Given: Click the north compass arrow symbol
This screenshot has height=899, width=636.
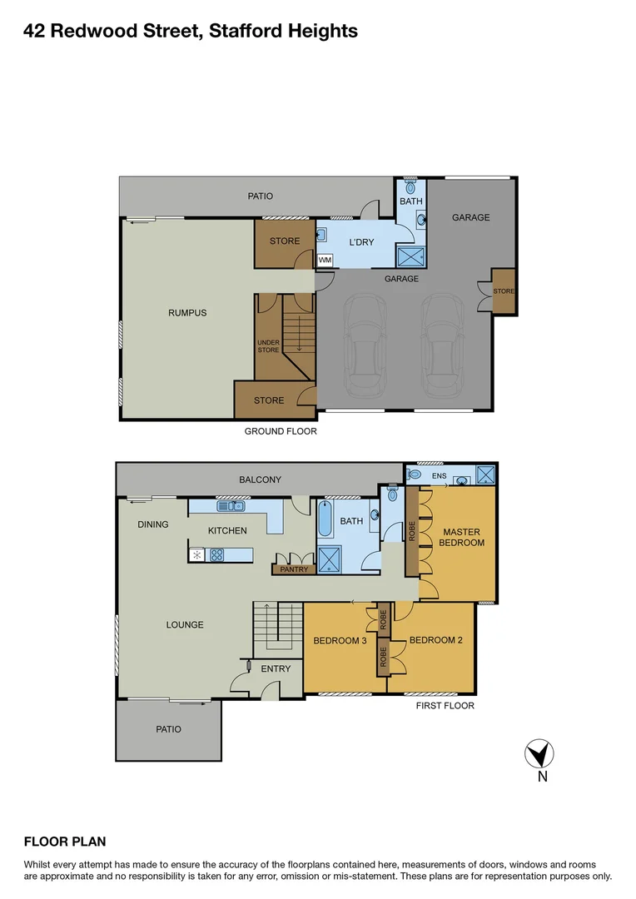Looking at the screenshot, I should pos(539,754).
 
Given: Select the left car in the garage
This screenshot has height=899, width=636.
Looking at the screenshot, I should pos(364,346).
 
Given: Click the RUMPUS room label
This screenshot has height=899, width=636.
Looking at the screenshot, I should pos(186,313).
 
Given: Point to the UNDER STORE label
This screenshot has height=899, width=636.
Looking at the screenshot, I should pos(268,345).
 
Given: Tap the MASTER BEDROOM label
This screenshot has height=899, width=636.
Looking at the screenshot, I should pos(463,537).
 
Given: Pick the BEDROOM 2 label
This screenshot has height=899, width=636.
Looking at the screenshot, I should pos(435,640).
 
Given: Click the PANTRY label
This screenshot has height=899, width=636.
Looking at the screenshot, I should pos(294,570).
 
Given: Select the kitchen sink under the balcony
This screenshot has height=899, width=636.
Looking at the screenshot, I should pos(229,506).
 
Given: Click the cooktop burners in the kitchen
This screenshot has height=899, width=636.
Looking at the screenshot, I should pos(216,554).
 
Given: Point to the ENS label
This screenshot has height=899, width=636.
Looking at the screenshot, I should pos(439,476).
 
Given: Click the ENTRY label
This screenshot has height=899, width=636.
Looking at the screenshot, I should pos(276,668).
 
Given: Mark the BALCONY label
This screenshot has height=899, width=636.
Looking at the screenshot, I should pos(260,479).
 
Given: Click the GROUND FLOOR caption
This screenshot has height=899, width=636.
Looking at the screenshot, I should pos(280,431).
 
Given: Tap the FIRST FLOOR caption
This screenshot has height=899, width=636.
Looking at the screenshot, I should pos(445,706).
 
